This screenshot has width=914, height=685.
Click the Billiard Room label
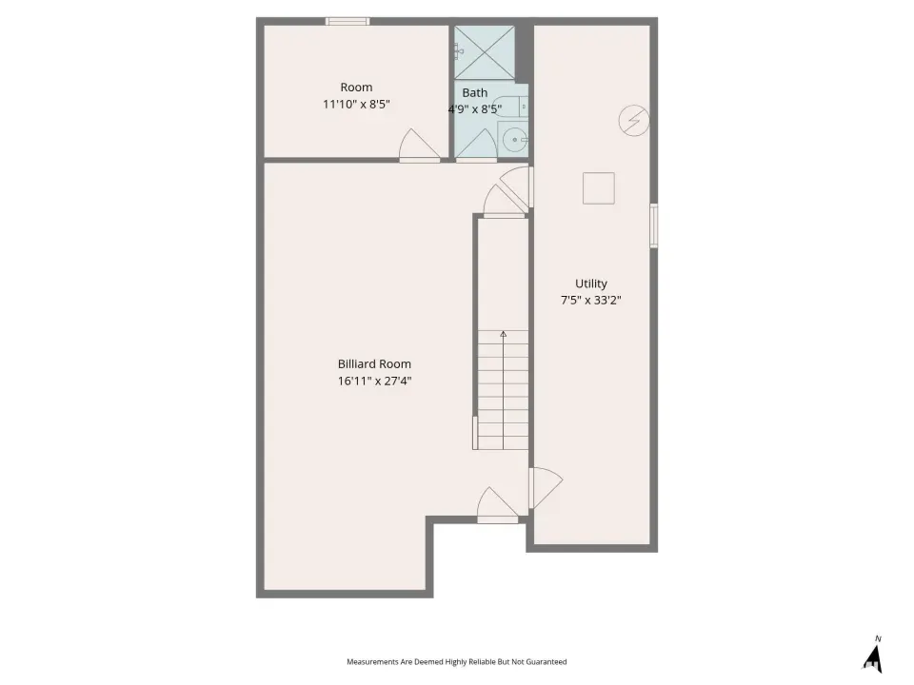(x=374, y=364)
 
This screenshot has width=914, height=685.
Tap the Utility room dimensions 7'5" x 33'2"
(x=590, y=300)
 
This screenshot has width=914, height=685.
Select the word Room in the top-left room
(x=356, y=88)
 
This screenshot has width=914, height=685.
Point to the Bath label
(x=474, y=92)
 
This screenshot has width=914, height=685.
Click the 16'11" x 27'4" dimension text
(x=374, y=381)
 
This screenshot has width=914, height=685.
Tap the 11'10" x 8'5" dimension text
(x=356, y=105)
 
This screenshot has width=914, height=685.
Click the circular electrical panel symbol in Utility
(x=634, y=121)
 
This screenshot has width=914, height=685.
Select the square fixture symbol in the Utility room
(x=599, y=188)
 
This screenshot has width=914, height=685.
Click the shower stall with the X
(x=485, y=52)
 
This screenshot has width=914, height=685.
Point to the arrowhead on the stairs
(x=503, y=334)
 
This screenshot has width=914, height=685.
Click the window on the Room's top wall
(x=348, y=22)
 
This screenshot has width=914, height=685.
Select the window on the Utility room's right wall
(x=654, y=226)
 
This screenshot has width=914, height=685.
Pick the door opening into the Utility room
(x=546, y=488)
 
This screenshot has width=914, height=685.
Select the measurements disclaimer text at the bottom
(x=456, y=662)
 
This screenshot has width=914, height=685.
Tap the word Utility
(x=591, y=284)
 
